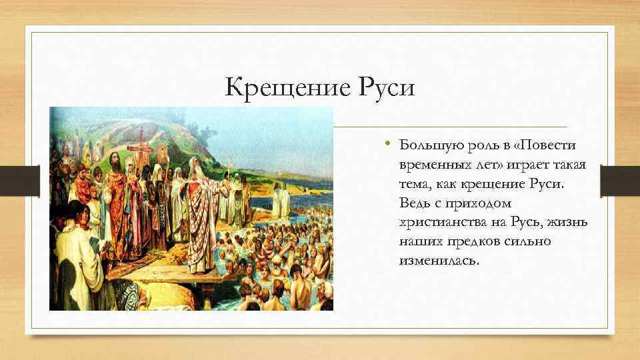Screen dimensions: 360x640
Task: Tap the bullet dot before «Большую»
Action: tap(387, 145)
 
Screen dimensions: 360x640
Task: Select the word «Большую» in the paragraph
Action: tap(427, 145)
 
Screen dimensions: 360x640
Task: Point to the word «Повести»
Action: tap(546, 145)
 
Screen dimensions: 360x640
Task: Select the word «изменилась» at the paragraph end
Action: tap(438, 260)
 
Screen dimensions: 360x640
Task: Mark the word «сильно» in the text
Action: tap(529, 241)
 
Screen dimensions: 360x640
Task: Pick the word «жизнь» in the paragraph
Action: tap(568, 222)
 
